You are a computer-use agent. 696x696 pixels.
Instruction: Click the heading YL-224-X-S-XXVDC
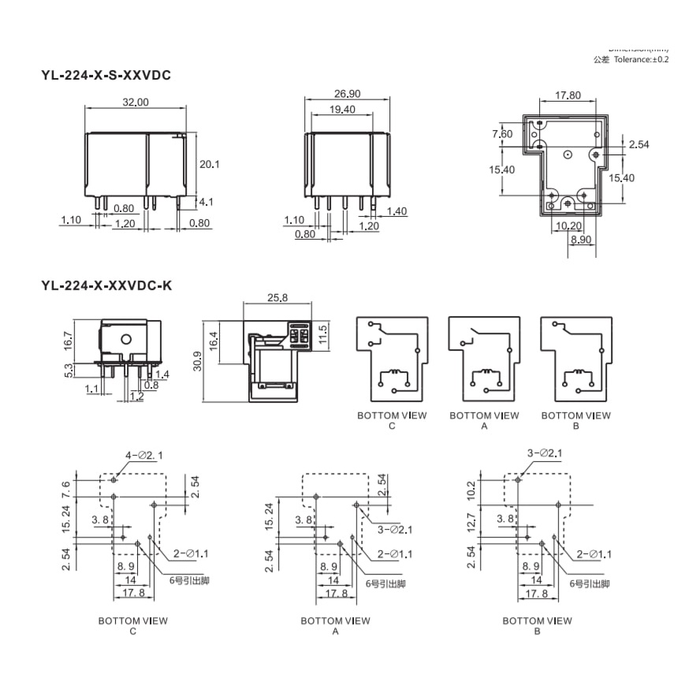coord(106,76)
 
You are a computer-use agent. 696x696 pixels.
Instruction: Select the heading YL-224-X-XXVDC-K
coord(106,286)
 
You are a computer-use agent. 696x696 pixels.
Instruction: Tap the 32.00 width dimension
coord(135,102)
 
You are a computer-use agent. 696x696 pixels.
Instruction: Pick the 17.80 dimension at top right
coord(568,95)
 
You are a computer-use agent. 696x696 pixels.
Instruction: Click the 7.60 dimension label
coord(502,134)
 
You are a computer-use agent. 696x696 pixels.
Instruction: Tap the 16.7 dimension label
coord(69,340)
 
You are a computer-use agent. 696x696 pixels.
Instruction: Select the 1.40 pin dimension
coord(396,211)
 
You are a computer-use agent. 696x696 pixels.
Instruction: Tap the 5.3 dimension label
coord(69,369)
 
